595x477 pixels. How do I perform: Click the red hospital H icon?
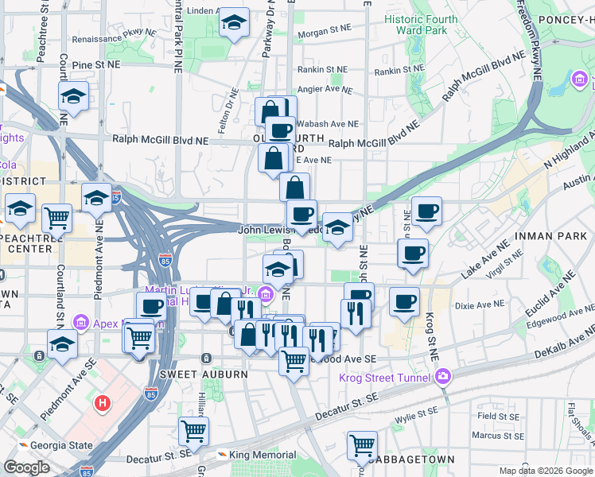[x=102, y=403]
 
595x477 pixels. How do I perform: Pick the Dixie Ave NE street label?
[x=476, y=305]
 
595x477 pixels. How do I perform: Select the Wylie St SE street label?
[x=422, y=416]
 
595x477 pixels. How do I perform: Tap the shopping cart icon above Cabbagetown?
[x=362, y=446]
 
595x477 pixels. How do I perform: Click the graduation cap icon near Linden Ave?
[x=234, y=23]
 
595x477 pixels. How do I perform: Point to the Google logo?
[x=27, y=467]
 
